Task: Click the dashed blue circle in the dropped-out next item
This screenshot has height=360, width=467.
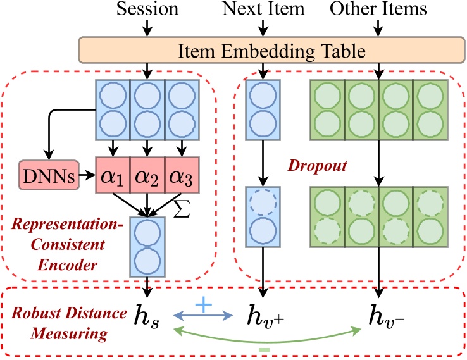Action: tap(261, 204)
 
